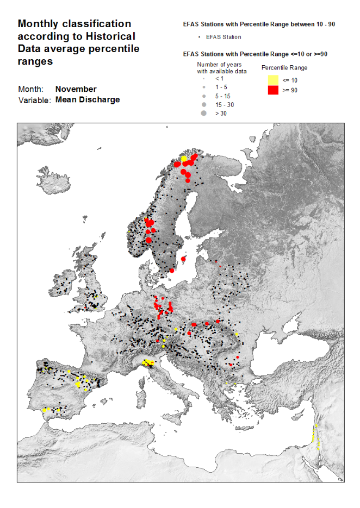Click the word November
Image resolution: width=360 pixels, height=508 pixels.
76,89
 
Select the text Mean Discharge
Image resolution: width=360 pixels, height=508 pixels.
88,100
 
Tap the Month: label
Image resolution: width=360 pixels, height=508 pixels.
30,89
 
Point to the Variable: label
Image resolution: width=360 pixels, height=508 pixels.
35,100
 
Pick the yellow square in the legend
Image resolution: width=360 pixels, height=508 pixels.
273,80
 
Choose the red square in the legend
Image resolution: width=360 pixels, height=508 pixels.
273,90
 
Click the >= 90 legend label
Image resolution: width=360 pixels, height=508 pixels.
290,90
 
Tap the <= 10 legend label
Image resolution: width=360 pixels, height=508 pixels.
290,80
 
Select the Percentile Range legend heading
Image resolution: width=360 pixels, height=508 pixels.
284,68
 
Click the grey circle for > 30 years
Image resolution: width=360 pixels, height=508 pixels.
203,114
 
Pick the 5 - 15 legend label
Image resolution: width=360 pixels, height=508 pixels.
222,96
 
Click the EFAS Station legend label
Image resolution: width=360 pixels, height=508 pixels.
224,37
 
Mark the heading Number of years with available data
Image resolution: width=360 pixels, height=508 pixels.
222,67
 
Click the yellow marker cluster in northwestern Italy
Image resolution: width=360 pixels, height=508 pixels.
148,363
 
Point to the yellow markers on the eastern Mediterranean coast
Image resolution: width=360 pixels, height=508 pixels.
314,438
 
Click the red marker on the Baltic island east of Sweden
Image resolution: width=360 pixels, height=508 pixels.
183,259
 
